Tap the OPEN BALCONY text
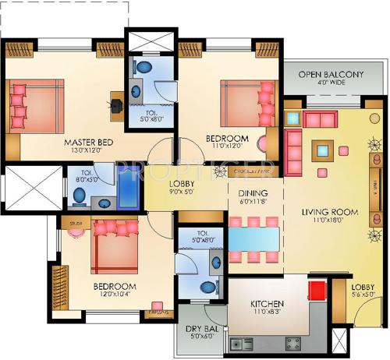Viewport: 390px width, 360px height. (x=331, y=75)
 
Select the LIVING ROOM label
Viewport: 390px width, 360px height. (x=330, y=211)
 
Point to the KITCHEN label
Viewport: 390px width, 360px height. (x=267, y=303)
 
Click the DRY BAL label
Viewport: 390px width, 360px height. (x=200, y=329)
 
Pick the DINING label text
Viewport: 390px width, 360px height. (x=253, y=193)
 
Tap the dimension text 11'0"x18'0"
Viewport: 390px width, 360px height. (x=330, y=221)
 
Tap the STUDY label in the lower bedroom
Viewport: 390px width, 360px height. (x=76, y=223)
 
